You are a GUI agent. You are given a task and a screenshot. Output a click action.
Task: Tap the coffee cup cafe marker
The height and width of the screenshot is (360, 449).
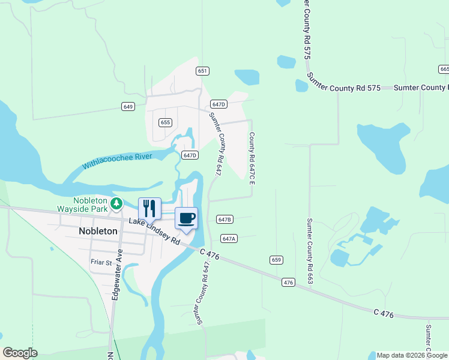pyautogui.click(x=186, y=218)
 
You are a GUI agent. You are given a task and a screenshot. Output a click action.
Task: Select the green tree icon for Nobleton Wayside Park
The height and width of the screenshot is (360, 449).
pyautogui.click(x=118, y=204)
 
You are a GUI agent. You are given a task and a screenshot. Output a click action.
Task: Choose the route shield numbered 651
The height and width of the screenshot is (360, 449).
pyautogui.click(x=202, y=71)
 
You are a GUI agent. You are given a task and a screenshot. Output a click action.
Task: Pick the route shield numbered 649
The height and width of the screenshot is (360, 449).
pyautogui.click(x=127, y=107)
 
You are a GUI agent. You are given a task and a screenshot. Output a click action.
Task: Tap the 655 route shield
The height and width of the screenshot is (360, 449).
pyautogui.click(x=166, y=122)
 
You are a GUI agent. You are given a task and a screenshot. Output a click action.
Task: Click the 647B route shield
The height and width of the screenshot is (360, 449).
pyautogui.click(x=224, y=220)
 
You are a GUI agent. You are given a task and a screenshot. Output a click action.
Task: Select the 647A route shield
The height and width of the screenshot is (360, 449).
pyautogui.click(x=229, y=238)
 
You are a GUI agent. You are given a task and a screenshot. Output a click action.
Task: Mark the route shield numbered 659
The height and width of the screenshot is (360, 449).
pyautogui.click(x=276, y=260)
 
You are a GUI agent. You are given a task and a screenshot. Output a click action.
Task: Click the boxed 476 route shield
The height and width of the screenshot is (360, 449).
pyautogui.click(x=289, y=282)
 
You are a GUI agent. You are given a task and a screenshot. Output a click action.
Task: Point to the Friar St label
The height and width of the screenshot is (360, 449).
pyautogui.click(x=101, y=262)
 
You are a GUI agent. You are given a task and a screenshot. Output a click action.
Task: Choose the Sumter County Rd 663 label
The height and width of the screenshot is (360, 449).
pyautogui.click(x=310, y=251)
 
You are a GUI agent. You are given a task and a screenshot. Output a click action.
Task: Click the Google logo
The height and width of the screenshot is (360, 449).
pyautogui.click(x=20, y=353)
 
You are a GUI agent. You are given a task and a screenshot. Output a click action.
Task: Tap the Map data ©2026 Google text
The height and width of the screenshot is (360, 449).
pyautogui.click(x=412, y=355)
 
